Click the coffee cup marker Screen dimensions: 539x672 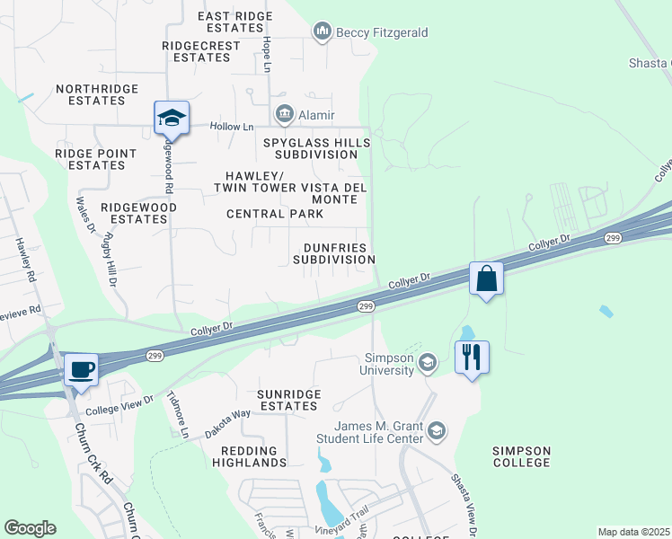tap(82, 369)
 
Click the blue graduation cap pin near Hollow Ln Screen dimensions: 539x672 tap(171, 118)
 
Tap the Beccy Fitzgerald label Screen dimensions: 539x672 tap(381, 33)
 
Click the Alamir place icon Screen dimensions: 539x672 tap(285, 114)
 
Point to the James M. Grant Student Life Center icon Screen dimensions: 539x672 tap(437, 431)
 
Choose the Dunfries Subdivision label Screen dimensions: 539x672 tap(334, 252)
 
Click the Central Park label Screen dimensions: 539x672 tap(274, 214)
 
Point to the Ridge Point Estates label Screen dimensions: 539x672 tap(96, 159)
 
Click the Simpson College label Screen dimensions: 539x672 tap(521, 455)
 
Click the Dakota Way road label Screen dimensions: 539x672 tap(228, 421)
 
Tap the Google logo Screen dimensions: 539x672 tap(30, 528)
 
